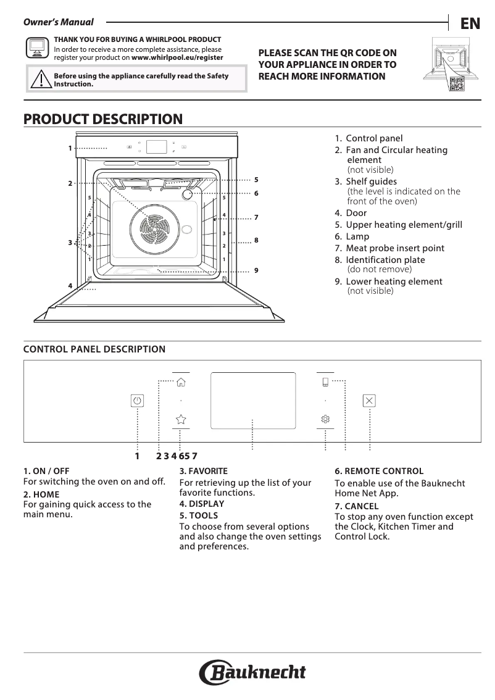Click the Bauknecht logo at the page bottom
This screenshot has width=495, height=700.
252,672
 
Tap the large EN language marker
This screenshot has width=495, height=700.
470,23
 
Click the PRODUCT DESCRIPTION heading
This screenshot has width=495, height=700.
103,119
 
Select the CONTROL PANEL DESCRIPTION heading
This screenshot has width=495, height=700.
94,349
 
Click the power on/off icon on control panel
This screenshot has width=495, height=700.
137,401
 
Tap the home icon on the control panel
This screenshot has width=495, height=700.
181,382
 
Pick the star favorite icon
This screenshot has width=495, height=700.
181,419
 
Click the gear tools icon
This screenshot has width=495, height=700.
325,419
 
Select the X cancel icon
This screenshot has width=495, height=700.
369,401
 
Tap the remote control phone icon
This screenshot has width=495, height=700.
325,381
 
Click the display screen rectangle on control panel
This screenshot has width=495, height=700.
253,400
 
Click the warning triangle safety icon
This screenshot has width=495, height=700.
41,80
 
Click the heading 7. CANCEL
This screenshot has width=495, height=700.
357,506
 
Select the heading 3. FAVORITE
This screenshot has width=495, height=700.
203,471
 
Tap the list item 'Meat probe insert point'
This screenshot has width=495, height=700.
395,248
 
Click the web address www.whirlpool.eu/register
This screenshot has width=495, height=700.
177,57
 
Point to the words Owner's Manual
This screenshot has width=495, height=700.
58,23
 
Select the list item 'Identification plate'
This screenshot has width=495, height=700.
385,260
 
